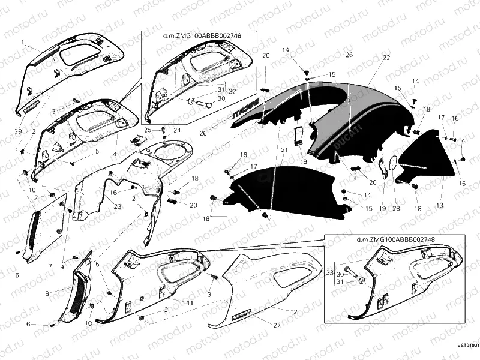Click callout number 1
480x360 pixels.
pos(23,42)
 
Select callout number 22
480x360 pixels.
pos(386,57)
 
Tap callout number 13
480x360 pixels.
pos(441,205)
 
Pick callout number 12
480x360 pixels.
pos(293,311)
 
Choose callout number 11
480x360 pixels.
pos(190,303)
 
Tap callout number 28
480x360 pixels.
pos(396,208)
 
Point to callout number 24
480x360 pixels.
pos(177,130)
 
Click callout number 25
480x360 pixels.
pos(148,130)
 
